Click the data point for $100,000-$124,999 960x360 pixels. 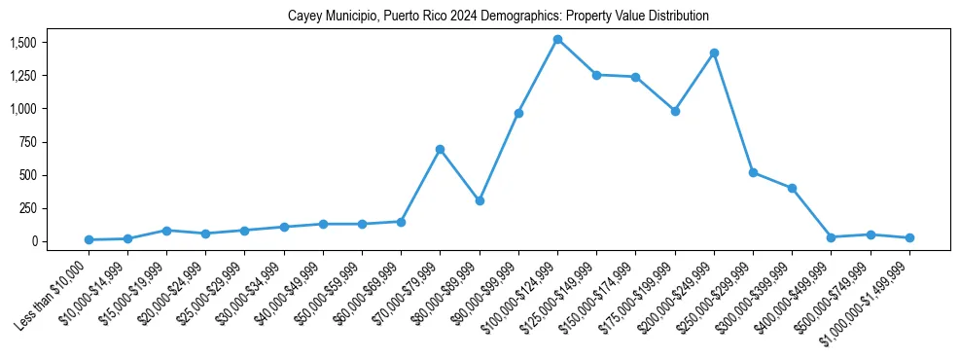coord(557,40)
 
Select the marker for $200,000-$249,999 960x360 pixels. coord(714,53)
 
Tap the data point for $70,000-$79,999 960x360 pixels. coord(440,149)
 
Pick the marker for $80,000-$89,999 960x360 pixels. coord(480,200)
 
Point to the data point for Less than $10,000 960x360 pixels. coord(89,239)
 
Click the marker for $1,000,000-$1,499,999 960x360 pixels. coord(909,237)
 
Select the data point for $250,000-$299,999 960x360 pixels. coord(753,172)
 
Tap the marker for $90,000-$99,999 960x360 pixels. coord(518,113)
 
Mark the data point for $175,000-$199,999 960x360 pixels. coord(675,111)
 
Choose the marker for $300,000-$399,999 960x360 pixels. coord(792,188)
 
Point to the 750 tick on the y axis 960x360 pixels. coord(29,142)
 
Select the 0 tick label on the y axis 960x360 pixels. coord(33,241)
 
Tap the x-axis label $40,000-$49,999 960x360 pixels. coord(288,292)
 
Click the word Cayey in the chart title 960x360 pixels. coord(303,17)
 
